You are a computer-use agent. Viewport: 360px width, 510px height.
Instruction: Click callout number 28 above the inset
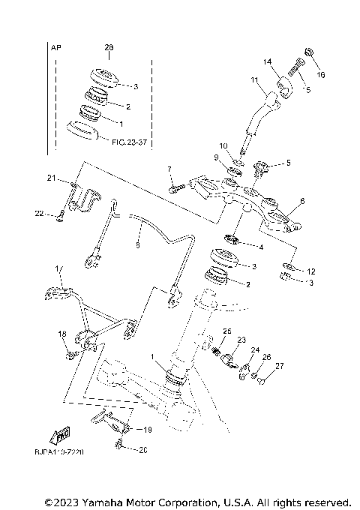point(109,48)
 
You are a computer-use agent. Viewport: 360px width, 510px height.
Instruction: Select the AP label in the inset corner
point(55,48)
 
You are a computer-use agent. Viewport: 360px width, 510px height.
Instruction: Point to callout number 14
point(266,62)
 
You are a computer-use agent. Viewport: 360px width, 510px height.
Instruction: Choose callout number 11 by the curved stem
point(254,79)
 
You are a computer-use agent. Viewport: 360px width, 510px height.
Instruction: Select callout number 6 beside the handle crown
point(302,202)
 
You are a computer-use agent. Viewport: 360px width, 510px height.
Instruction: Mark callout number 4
point(260,247)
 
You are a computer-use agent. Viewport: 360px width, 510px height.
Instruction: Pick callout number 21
point(51,178)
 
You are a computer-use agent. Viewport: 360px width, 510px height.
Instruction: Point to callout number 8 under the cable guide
point(137,244)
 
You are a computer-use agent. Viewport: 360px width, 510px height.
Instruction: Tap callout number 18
point(62,334)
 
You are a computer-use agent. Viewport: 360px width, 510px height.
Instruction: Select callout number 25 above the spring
point(227,331)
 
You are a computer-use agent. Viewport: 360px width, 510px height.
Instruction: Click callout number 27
point(280,367)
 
